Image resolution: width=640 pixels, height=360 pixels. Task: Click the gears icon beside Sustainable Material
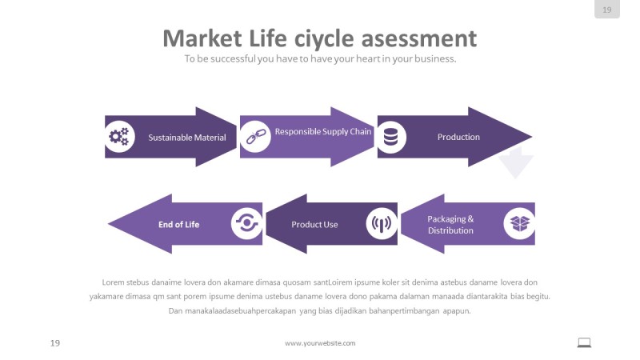(x=119, y=137)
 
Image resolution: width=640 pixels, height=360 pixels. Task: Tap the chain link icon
(x=254, y=136)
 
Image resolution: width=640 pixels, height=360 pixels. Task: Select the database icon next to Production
(x=390, y=137)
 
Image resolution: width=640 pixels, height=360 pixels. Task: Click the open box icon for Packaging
(x=520, y=222)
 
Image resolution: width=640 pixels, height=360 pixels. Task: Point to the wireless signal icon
(x=382, y=224)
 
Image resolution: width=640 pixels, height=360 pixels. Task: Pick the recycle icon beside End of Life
(x=246, y=224)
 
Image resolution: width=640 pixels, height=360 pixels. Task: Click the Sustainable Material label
(x=187, y=138)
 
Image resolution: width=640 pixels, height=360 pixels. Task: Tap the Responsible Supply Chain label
(x=323, y=131)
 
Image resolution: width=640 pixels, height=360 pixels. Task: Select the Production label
(x=458, y=137)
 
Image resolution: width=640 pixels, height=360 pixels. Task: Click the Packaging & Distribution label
(x=450, y=225)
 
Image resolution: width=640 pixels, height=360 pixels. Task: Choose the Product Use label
(x=314, y=225)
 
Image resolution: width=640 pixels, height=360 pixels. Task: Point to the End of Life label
(x=178, y=225)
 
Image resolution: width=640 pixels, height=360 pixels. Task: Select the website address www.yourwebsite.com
(x=320, y=343)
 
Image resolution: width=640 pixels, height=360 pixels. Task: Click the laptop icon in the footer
(x=584, y=342)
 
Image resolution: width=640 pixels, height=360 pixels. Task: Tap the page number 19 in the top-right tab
(x=606, y=10)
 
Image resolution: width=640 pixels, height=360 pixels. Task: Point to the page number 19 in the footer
(x=55, y=343)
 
